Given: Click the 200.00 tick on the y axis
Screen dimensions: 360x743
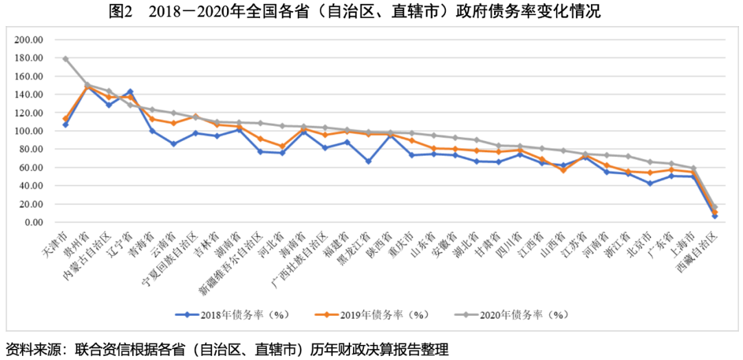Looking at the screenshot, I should point(30,40).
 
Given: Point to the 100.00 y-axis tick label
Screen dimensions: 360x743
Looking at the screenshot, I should point(30,131).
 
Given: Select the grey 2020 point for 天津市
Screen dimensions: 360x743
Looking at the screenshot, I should point(65,59).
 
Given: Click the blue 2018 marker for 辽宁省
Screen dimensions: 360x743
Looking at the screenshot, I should point(130,92).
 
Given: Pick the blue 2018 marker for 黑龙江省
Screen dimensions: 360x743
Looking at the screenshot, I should point(369,161).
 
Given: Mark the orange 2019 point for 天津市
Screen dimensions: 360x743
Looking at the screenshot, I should point(65,118).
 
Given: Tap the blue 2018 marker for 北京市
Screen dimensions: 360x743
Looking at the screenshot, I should point(650,183).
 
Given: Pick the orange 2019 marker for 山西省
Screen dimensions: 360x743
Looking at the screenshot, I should point(563,169).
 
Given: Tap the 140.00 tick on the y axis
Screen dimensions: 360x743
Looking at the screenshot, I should point(30,94).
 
